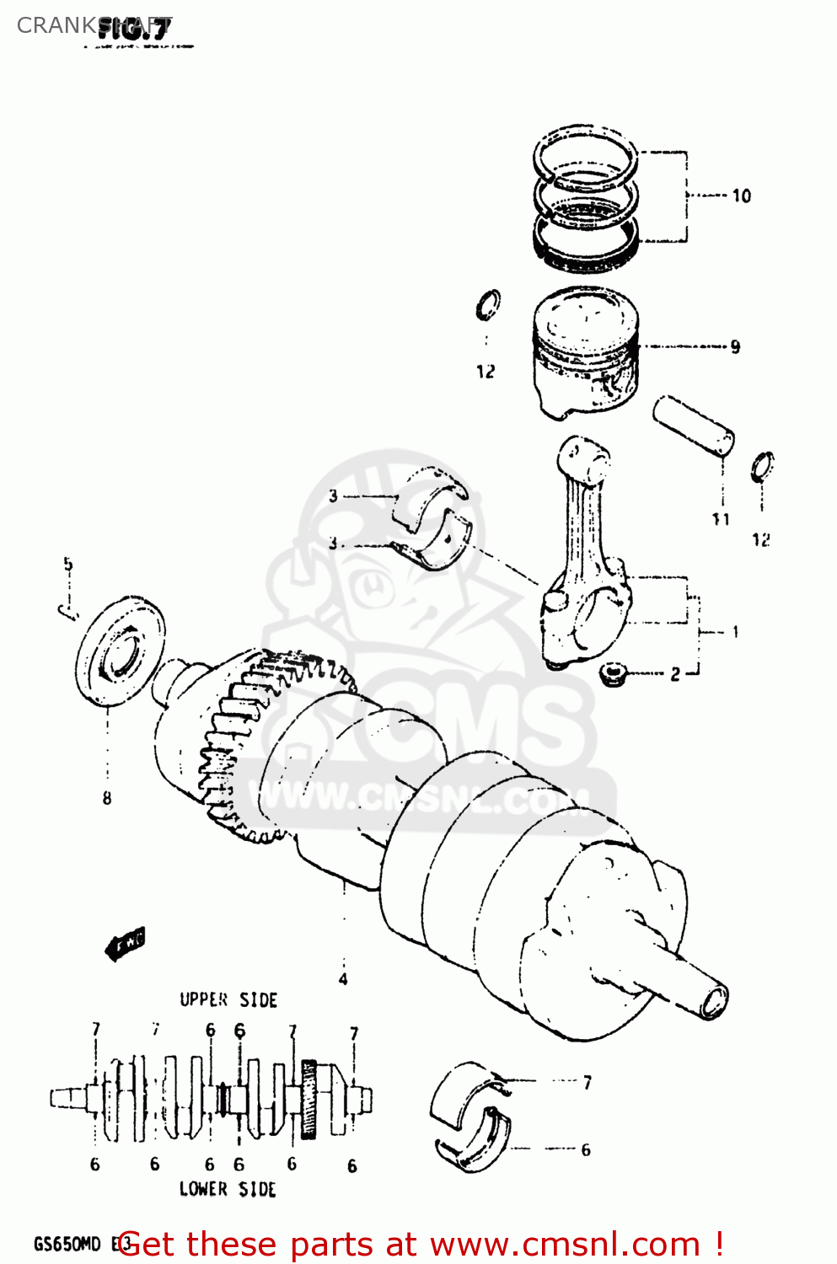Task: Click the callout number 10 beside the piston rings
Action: click(741, 195)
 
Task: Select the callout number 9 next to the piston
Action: click(735, 346)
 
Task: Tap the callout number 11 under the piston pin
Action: click(721, 519)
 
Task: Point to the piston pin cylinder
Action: click(693, 426)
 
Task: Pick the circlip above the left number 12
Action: click(487, 305)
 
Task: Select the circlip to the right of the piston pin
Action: click(762, 467)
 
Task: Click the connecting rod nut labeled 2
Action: click(612, 673)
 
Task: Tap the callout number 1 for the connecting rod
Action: click(735, 631)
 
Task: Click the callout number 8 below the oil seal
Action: click(107, 797)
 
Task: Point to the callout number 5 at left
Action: click(68, 564)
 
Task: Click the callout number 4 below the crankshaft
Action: click(343, 979)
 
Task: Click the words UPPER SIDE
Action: click(228, 1000)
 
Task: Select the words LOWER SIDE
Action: click(228, 1189)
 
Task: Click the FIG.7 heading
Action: click(135, 29)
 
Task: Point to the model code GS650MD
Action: click(67, 1245)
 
